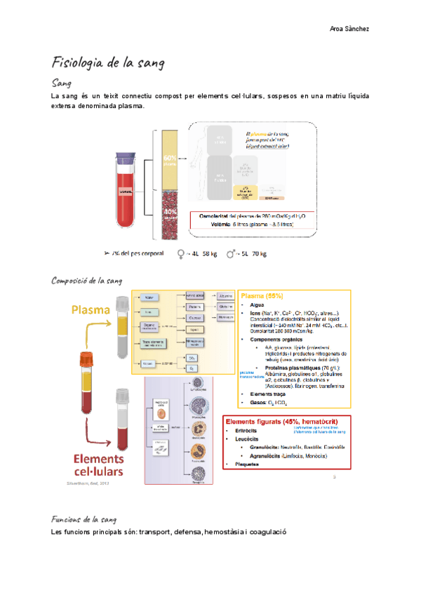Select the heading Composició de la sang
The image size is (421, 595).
[x=88, y=281]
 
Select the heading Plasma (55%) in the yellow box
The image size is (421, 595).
[x=262, y=295]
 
